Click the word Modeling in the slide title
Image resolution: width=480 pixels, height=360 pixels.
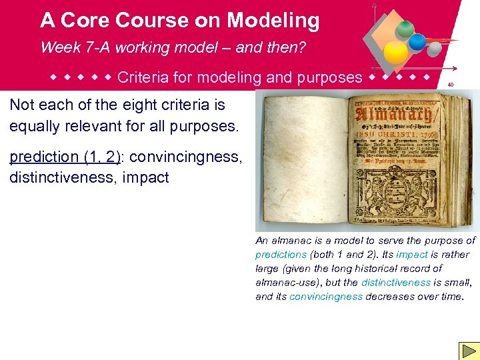coord(273,21)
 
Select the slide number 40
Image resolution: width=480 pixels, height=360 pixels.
coord(451,85)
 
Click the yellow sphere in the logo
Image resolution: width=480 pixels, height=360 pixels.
coord(397,53)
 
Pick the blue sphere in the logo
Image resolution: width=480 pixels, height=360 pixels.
coord(417,41)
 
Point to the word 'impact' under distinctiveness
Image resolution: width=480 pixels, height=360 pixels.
coord(146,178)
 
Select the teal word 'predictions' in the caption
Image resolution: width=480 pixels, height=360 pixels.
coord(281,255)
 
